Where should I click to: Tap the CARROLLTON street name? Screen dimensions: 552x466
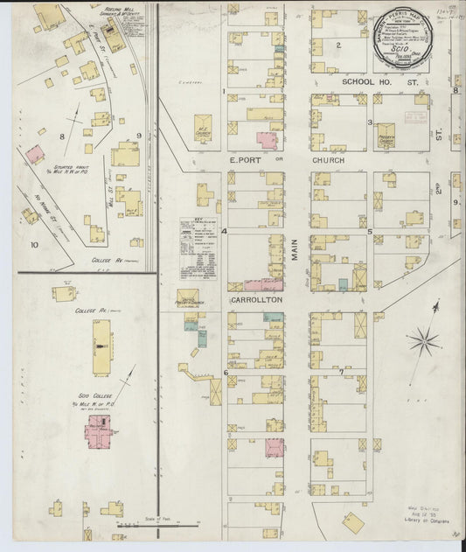click(256, 299)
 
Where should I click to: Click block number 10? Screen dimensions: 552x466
click(33, 245)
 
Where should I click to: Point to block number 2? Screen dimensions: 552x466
click(337, 44)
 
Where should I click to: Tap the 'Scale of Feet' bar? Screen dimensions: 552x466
click(157, 522)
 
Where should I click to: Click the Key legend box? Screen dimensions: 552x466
click(198, 248)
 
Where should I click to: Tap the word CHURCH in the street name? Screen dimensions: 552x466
click(330, 161)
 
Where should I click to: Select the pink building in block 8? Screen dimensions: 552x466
click(35, 155)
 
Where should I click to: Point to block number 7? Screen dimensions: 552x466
click(340, 373)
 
